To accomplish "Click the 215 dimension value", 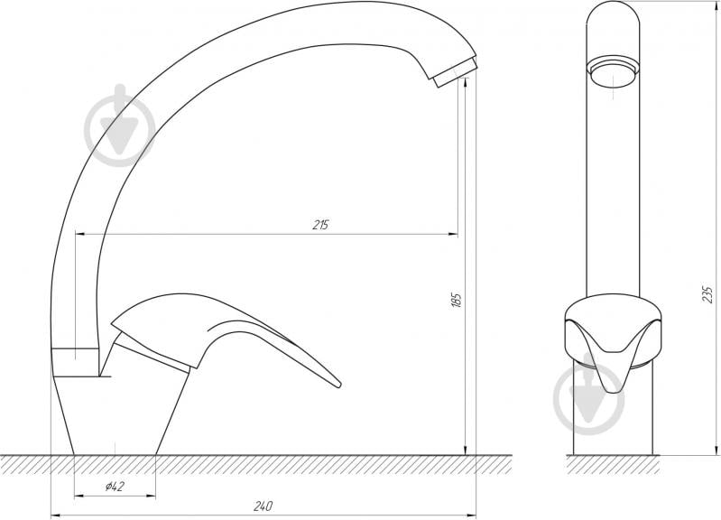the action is (x=320, y=225).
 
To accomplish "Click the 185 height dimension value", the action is (x=456, y=300).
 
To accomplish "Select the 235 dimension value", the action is (x=708, y=294).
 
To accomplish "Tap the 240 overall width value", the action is (x=263, y=506).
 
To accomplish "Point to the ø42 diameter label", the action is (x=115, y=487).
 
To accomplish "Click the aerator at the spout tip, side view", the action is (x=455, y=73).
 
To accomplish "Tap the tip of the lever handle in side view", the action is (x=338, y=385).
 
